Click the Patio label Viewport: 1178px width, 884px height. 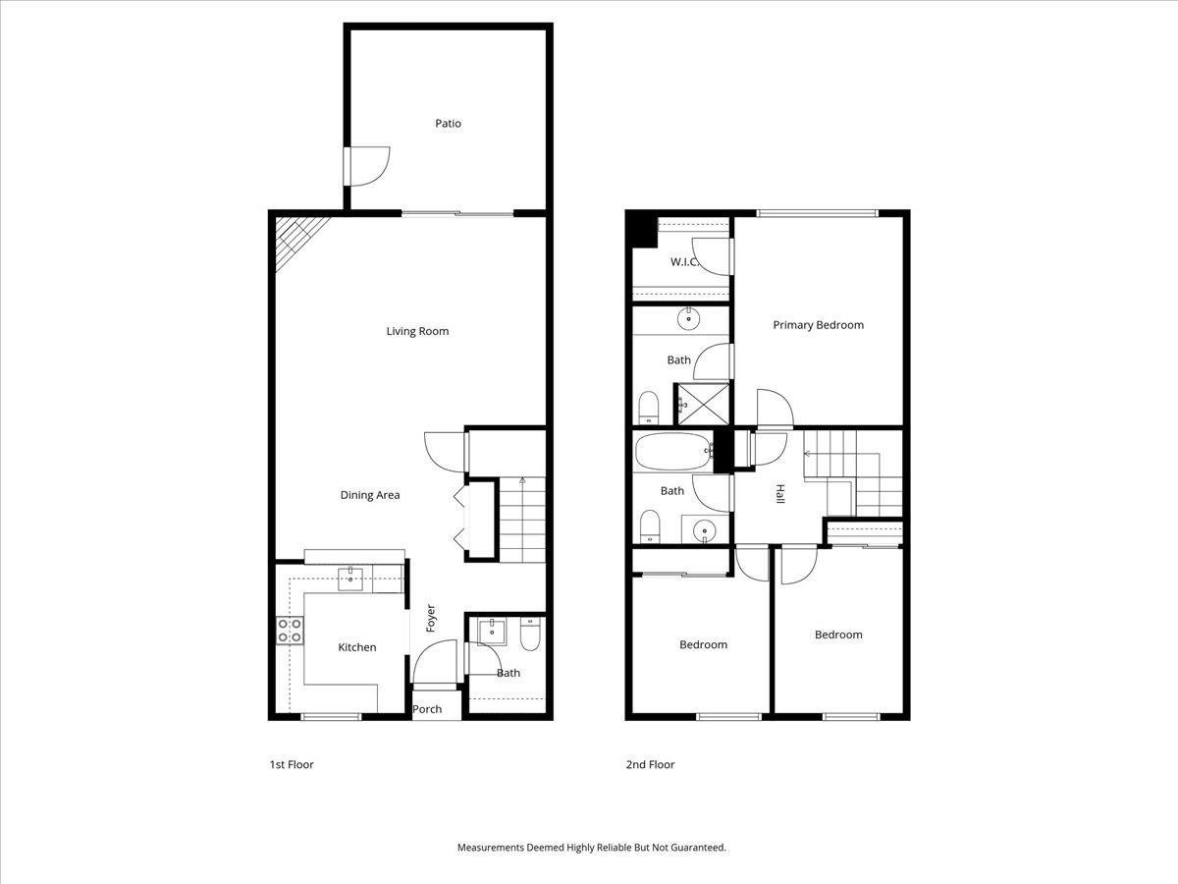[x=448, y=124]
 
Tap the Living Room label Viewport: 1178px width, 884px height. [x=417, y=331]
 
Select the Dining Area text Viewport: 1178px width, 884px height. [x=370, y=495]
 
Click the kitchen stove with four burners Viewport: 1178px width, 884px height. [x=290, y=631]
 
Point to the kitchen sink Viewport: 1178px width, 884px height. [x=349, y=580]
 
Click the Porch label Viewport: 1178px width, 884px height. [x=427, y=709]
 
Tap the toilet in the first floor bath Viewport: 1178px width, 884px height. [x=530, y=635]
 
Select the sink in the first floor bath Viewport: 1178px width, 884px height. [x=492, y=631]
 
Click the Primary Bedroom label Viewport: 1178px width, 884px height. [x=818, y=325]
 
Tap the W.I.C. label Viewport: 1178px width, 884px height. [x=685, y=262]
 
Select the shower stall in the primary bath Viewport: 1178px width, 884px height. [x=703, y=404]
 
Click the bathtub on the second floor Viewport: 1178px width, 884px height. [x=673, y=452]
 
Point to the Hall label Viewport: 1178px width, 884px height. [x=779, y=494]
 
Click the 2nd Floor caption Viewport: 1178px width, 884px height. [x=650, y=764]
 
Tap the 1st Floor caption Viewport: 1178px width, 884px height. [x=292, y=764]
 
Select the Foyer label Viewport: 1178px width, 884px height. [x=430, y=619]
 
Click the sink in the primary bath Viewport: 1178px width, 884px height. [x=688, y=319]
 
